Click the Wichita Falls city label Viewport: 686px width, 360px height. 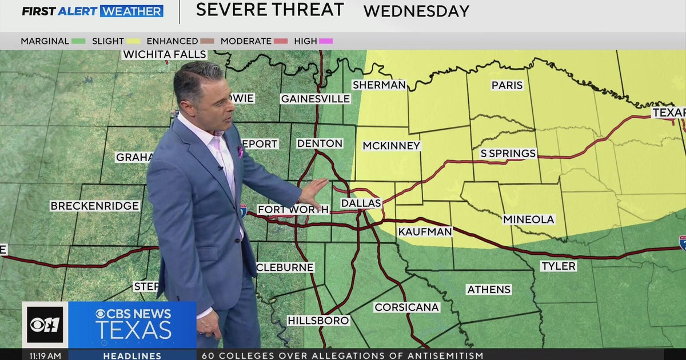pos(165,54)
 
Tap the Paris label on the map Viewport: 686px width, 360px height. pos(507,85)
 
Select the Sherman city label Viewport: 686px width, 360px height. pos(379,85)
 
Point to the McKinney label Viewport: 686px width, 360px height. pos(392,146)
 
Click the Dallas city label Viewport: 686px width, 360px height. pos(361,203)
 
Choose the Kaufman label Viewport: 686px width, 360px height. pos(425,231)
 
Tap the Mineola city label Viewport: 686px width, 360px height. pos(528,219)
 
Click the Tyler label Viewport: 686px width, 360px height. pos(558,266)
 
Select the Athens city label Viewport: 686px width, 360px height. pos(489,289)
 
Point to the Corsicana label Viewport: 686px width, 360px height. pos(406,307)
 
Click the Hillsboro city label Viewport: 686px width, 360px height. pos(318,321)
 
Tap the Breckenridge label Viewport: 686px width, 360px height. pos(95,206)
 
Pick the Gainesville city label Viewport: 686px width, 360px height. pos(315,99)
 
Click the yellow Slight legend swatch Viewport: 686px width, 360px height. pos(134,41)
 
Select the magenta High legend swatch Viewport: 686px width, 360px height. pos(326,41)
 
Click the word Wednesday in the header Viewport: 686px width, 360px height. pos(416,11)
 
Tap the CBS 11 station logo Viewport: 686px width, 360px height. pos(45,325)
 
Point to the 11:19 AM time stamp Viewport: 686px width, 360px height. pos(45,355)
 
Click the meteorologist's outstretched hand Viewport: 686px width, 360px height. pos(314,193)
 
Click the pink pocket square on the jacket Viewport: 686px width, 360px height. pos(240,152)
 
